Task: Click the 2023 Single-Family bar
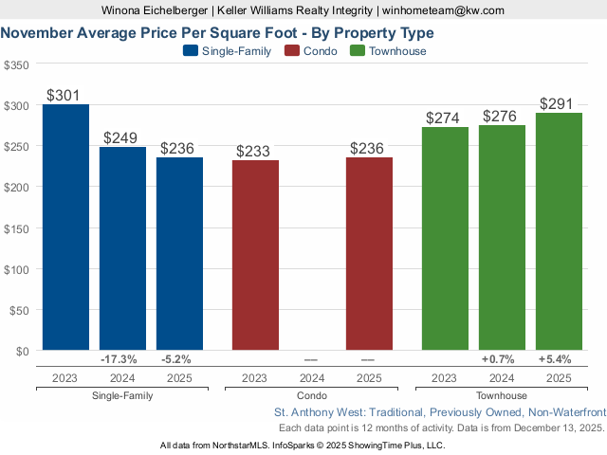point(65,227)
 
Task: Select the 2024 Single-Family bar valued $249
point(122,248)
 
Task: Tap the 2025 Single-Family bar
point(179,254)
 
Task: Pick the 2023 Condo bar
point(255,255)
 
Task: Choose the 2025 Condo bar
point(369,254)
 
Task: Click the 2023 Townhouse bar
point(445,239)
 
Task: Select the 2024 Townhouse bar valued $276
point(502,238)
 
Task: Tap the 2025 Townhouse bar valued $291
point(559,232)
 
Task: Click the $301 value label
point(65,96)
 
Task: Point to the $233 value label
point(255,151)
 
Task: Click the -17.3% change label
point(120,359)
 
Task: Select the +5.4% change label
point(556,359)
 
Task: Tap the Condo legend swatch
point(292,51)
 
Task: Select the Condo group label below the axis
point(312,395)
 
